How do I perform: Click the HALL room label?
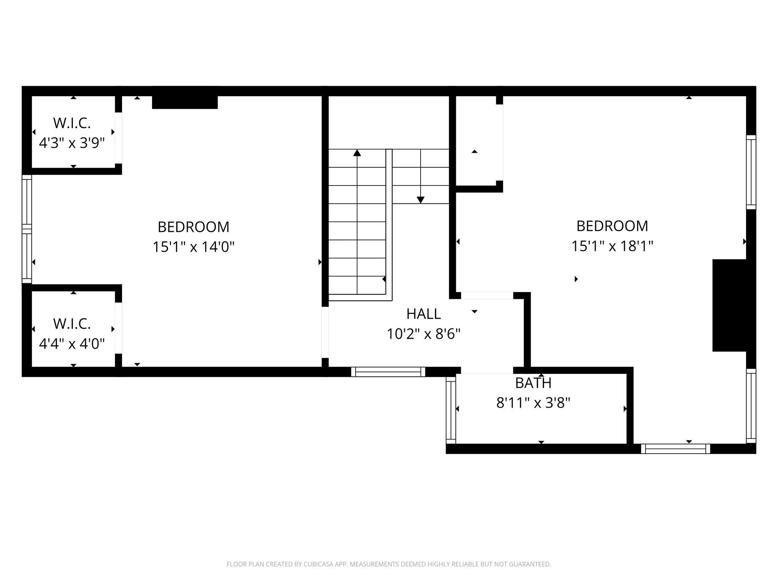pyautogui.click(x=423, y=314)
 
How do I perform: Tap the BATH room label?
pyautogui.click(x=533, y=383)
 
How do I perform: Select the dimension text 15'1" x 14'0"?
pyautogui.click(x=193, y=247)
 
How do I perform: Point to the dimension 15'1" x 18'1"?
pyautogui.click(x=612, y=246)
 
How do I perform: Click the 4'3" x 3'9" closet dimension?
pyautogui.click(x=72, y=143)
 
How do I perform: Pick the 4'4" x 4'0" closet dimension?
pyautogui.click(x=72, y=344)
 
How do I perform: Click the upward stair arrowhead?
pyautogui.click(x=357, y=153)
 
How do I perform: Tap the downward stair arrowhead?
pyautogui.click(x=420, y=200)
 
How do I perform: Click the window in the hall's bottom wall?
pyautogui.click(x=388, y=372)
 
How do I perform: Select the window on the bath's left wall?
pyautogui.click(x=451, y=410)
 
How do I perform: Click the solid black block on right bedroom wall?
pyautogui.click(x=729, y=305)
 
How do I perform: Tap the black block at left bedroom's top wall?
pyautogui.click(x=185, y=102)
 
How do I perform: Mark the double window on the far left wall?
pyautogui.click(x=27, y=229)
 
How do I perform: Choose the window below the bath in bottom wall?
pyautogui.click(x=675, y=449)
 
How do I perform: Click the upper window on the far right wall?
pyautogui.click(x=751, y=172)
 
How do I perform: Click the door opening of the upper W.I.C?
pyautogui.click(x=119, y=138)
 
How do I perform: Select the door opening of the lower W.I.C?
pyautogui.click(x=119, y=328)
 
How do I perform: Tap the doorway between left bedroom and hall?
pyautogui.click(x=325, y=332)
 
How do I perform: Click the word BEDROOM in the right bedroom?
pyautogui.click(x=612, y=226)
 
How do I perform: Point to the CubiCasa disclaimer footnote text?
pyautogui.click(x=389, y=564)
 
